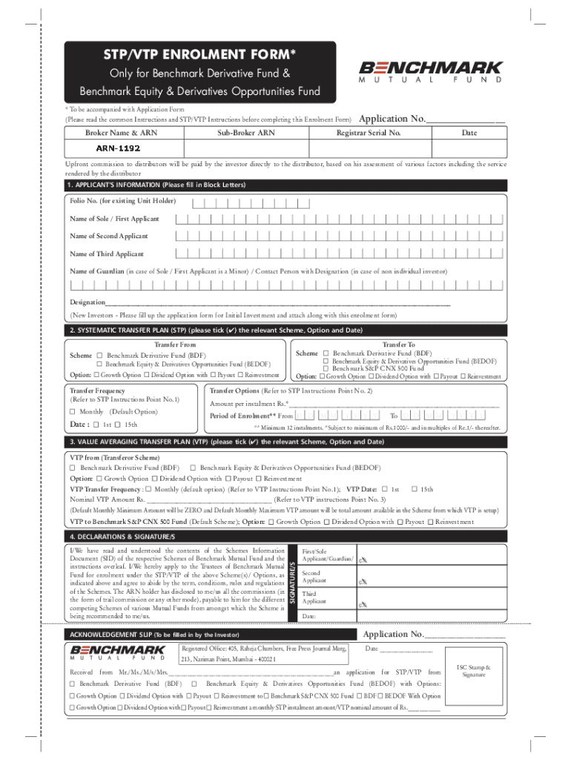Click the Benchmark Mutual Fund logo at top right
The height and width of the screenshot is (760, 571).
pos(431,71)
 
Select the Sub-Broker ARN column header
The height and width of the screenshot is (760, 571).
pos(246,133)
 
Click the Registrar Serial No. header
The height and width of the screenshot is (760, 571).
pos(369,133)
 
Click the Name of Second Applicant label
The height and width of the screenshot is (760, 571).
pos(108,236)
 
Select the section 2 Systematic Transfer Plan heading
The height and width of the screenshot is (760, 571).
pos(215,330)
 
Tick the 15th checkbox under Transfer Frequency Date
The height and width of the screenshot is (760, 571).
pos(119,425)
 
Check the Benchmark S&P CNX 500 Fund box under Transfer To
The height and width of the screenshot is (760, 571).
pos(326,368)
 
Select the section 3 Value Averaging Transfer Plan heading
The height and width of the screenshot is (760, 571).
pos(225,442)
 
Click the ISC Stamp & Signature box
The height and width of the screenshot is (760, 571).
pos(473,671)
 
